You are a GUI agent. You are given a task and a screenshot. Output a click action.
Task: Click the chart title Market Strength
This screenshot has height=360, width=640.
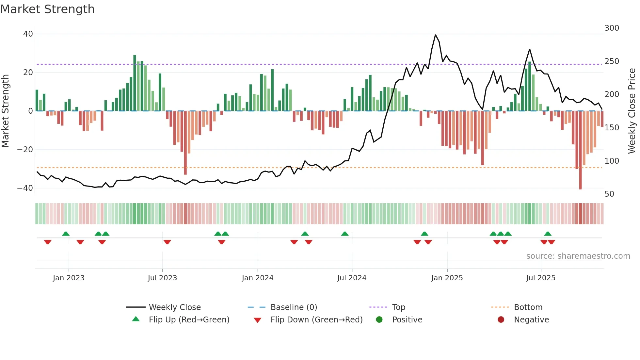pos(47,9)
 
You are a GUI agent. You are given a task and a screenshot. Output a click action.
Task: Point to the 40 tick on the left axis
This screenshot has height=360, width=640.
pos(28,34)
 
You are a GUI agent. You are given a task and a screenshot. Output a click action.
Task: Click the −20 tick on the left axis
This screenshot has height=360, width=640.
pos(25,150)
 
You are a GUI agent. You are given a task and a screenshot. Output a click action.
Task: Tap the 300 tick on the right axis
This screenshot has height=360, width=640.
pos(612,28)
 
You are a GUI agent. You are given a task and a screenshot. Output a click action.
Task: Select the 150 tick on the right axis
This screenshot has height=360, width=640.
pos(612,128)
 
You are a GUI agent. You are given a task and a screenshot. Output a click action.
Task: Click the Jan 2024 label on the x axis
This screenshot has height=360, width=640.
pos(257,278)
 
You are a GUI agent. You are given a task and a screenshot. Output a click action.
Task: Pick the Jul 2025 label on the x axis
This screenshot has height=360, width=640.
pos(540,278)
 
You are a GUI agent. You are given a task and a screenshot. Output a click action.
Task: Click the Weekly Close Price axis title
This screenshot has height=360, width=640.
pos(632,111)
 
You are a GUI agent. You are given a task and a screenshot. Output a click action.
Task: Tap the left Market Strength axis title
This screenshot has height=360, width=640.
pos(6,111)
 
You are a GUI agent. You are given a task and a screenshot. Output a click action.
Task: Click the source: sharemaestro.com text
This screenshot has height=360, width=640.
pos(578,256)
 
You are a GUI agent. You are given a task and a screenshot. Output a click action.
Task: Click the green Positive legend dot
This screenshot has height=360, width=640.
pos(379,320)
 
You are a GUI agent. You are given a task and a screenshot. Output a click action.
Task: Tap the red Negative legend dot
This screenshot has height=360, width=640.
pos(501,320)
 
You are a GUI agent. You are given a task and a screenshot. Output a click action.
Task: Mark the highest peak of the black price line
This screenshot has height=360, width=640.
pos(435,35)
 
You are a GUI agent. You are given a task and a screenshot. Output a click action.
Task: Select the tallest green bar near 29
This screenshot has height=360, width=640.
pos(135,83)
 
